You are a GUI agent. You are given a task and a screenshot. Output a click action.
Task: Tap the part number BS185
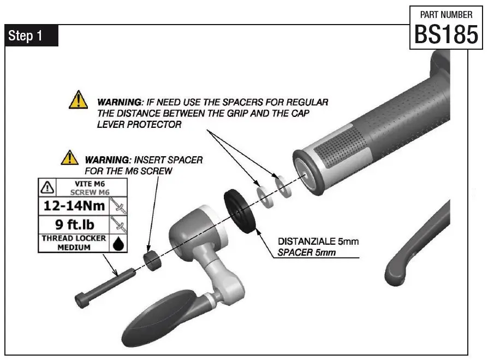tap(446, 35)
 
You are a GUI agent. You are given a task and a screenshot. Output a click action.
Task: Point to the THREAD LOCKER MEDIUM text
tap(72, 243)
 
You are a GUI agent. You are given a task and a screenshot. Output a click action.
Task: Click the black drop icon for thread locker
tap(117, 244)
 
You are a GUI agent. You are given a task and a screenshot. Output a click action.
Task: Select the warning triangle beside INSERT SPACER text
tap(69, 158)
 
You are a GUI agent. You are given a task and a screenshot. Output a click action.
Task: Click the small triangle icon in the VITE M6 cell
tap(48, 188)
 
